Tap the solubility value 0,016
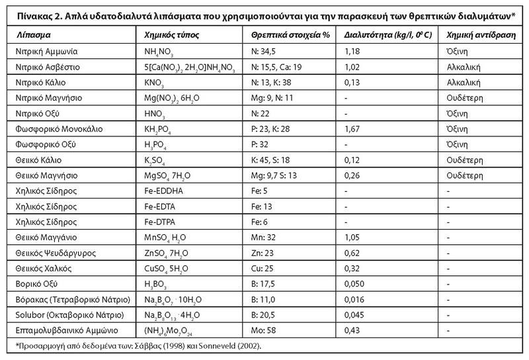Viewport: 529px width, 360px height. (356, 298)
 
